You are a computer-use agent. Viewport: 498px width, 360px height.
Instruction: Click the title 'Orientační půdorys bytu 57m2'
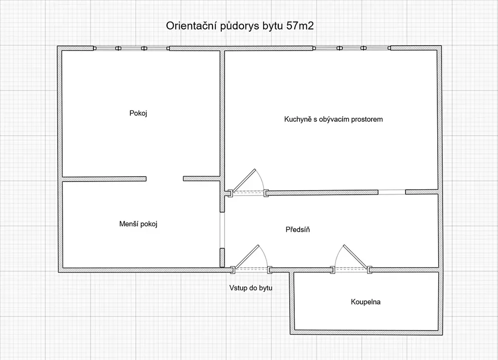pos(240,26)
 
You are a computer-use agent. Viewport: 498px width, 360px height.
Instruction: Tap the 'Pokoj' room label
pos(138,113)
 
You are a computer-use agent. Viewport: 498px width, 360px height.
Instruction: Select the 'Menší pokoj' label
pos(139,224)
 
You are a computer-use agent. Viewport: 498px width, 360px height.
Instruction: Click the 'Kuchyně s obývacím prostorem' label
pos(333,119)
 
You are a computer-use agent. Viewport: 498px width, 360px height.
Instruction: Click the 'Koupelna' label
pos(366,302)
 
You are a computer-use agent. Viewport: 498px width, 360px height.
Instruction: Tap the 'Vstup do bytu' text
pos(250,288)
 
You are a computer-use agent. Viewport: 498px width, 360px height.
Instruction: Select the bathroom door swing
pos(351,258)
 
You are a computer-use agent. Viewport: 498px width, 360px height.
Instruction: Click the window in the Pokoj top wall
pos(131,48)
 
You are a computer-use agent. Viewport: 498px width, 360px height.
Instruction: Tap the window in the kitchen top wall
pos(351,48)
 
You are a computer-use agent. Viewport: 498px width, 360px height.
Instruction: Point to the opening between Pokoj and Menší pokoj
pos(164,179)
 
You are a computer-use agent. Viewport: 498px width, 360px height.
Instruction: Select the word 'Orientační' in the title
pos(190,26)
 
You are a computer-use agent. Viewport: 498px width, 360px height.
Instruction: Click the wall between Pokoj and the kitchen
pos(222,117)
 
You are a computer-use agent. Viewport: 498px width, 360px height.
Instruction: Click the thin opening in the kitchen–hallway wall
pos(391,192)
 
